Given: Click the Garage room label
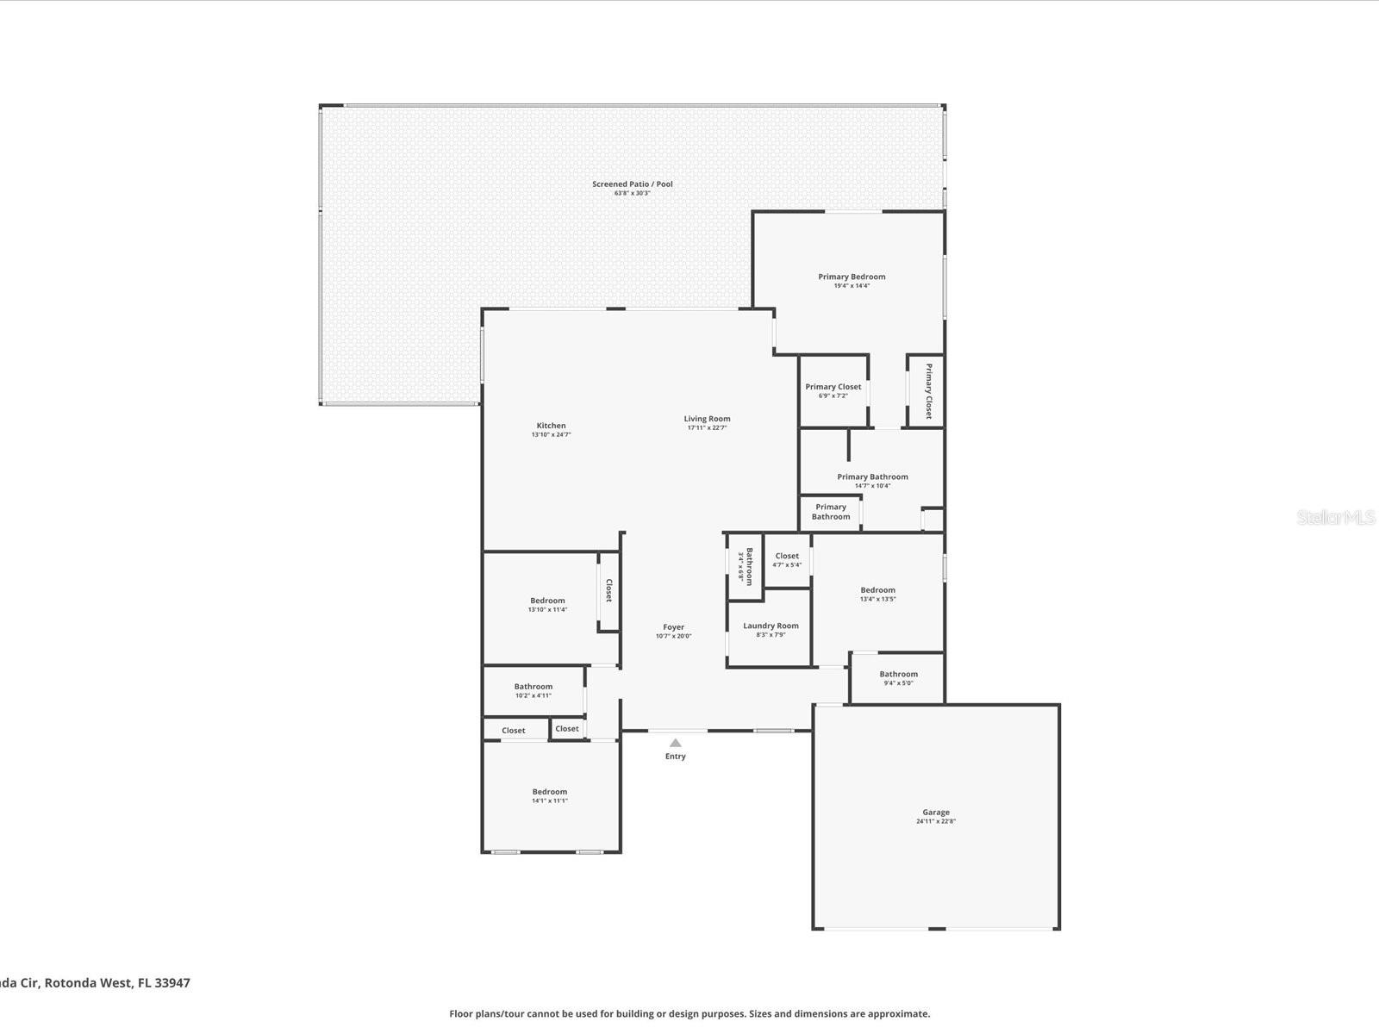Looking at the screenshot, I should coord(936,813).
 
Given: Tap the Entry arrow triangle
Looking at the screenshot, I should coord(676,743).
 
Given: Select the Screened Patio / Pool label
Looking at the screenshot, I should coord(632,184).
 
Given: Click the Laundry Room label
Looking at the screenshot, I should coord(771,626).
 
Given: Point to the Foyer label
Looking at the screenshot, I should coord(673,628).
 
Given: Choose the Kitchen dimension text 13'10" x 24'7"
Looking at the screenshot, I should coord(551,435).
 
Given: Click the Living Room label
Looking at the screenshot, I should coord(707,420).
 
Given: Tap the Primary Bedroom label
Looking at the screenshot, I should coord(852,277).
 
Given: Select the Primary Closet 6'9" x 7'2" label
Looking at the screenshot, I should coord(833,388).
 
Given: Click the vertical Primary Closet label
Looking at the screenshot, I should coord(928,391).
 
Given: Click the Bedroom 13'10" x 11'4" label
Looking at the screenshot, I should coord(547,601).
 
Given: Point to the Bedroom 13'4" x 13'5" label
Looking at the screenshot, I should coord(877,591).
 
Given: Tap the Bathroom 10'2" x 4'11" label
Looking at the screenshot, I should coord(533,688).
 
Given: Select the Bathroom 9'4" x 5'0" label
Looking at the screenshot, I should coord(898,675).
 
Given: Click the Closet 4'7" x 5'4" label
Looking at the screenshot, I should coord(786,557).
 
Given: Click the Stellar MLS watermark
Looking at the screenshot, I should coord(1336,518).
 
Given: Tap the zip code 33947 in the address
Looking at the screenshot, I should coord(172,983).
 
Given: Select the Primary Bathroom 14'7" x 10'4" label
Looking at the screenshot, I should coord(872,477).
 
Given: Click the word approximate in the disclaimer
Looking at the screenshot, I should coord(898,1014).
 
